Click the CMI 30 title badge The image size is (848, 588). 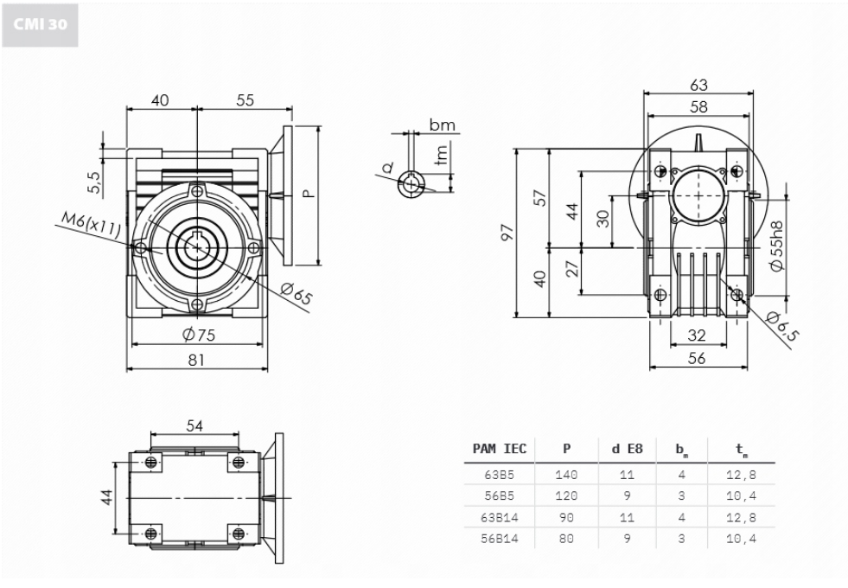[40, 24]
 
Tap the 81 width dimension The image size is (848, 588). [198, 361]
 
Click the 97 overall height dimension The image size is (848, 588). [507, 233]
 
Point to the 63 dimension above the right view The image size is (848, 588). [698, 85]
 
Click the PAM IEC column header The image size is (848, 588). [500, 449]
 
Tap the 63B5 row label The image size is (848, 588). [500, 475]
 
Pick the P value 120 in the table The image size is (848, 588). [566, 496]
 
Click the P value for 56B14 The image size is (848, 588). [566, 539]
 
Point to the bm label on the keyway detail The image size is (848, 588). [442, 126]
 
